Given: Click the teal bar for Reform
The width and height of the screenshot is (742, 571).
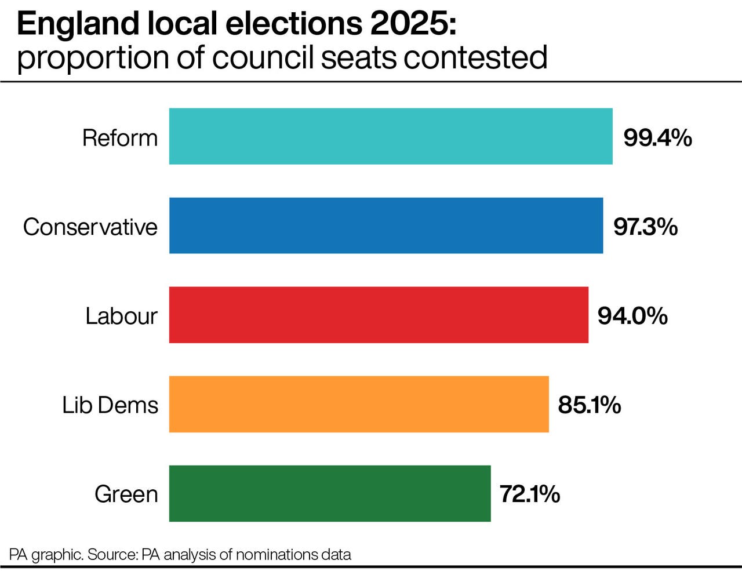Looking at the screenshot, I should point(391,136).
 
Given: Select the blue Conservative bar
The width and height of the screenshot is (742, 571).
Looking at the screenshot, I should point(386,226).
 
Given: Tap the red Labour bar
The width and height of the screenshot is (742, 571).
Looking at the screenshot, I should point(379,315).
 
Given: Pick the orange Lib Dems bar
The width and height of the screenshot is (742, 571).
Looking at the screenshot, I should point(359,404).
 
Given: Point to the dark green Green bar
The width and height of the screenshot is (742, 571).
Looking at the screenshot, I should point(330,493).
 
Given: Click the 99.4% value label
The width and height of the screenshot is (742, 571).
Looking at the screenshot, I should point(657,138).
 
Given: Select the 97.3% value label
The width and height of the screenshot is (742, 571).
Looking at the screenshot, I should point(645,227).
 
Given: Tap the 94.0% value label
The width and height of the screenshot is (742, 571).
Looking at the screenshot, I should point(632,316).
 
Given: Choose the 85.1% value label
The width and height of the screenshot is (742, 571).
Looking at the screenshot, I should point(589,405).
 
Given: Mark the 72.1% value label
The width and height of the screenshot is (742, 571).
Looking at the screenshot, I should point(529,494).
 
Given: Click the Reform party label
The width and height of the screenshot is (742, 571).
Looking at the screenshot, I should point(120,138).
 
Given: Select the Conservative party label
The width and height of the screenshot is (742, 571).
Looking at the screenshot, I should point(90,227).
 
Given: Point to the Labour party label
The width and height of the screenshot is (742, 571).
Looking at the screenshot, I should point(121,316).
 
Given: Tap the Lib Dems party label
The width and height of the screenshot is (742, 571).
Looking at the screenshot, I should point(110,405).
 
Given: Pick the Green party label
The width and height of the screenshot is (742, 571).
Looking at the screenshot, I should point(126,494).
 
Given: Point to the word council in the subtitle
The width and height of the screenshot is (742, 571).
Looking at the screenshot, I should point(264,57).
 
